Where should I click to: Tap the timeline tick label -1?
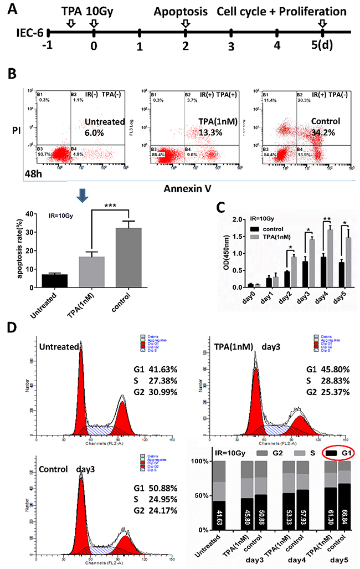click(x=49, y=45)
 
